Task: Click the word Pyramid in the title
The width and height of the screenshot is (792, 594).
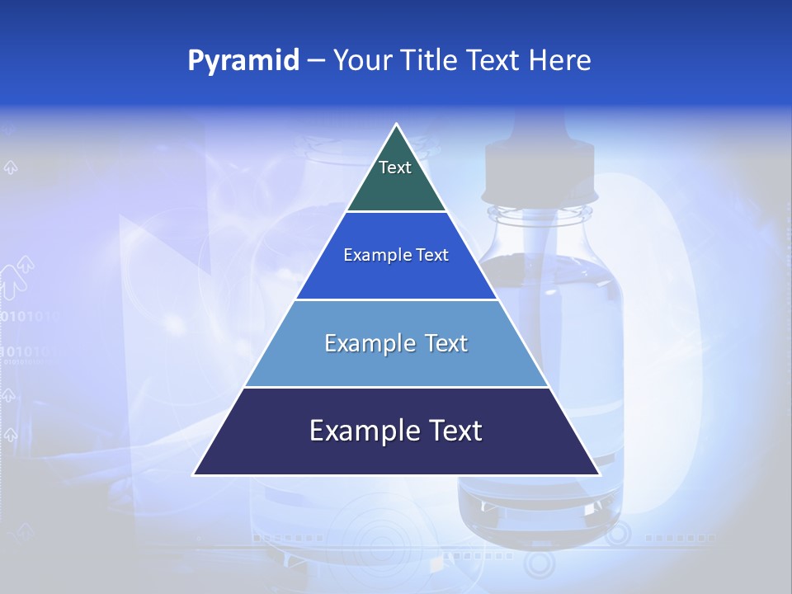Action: [x=243, y=61]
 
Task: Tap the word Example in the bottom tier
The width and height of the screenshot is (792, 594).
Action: [x=359, y=431]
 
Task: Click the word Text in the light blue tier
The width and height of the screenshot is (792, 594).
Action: [x=446, y=344]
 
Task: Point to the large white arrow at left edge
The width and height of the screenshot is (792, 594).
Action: [x=16, y=276]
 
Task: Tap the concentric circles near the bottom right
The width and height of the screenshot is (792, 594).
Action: [x=540, y=563]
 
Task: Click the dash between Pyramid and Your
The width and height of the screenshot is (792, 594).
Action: [x=316, y=61]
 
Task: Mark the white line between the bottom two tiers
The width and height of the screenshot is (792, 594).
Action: [x=396, y=387]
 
